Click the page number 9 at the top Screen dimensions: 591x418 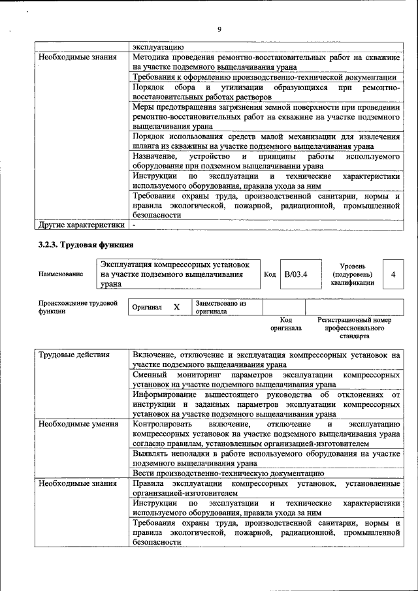click(x=220, y=29)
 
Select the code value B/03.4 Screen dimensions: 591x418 click(x=294, y=274)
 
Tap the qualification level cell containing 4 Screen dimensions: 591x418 click(x=393, y=274)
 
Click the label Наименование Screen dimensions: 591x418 click(x=61, y=275)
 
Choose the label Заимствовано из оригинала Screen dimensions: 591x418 click(x=220, y=308)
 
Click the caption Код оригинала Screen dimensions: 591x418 click(x=285, y=324)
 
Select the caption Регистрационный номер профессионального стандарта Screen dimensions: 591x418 click(x=354, y=328)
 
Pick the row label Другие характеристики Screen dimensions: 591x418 click(x=80, y=225)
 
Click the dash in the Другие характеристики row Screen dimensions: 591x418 click(x=134, y=225)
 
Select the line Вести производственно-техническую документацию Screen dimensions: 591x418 click(x=228, y=472)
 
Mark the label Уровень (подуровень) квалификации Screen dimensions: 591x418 click(x=352, y=274)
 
